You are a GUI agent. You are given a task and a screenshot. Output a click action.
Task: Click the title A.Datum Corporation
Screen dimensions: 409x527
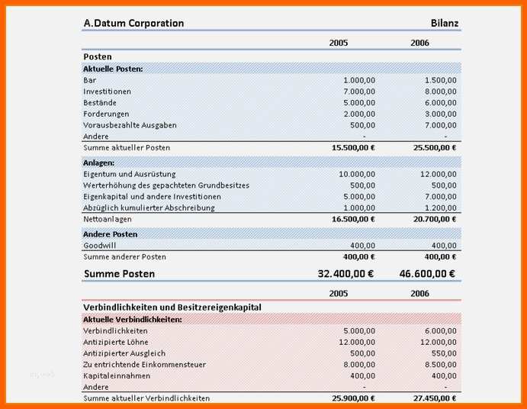tap(133, 23)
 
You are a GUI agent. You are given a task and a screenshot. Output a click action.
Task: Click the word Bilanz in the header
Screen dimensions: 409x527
tap(445, 23)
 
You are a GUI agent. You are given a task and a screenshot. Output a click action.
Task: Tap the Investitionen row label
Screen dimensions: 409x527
tap(107, 92)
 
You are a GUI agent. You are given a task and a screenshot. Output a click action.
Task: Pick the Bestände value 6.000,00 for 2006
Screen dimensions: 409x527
tap(441, 103)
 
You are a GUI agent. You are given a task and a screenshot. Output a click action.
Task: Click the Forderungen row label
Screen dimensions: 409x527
tap(106, 114)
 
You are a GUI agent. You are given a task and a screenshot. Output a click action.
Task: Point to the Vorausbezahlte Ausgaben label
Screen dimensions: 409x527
tap(130, 125)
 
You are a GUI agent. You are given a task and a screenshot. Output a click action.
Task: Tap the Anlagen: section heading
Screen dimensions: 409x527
tap(98, 163)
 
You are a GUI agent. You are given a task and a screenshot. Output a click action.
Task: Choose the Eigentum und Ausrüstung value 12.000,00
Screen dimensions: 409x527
tap(439, 174)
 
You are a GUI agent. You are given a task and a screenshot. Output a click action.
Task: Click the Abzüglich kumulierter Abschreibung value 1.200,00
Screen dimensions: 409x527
tap(441, 208)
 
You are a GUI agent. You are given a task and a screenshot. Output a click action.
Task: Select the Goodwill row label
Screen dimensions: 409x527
tap(99, 246)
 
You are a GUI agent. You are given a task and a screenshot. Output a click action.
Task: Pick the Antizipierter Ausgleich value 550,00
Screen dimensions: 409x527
tap(444, 353)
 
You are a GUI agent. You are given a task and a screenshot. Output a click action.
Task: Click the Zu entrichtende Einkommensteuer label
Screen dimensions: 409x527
tap(144, 365)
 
